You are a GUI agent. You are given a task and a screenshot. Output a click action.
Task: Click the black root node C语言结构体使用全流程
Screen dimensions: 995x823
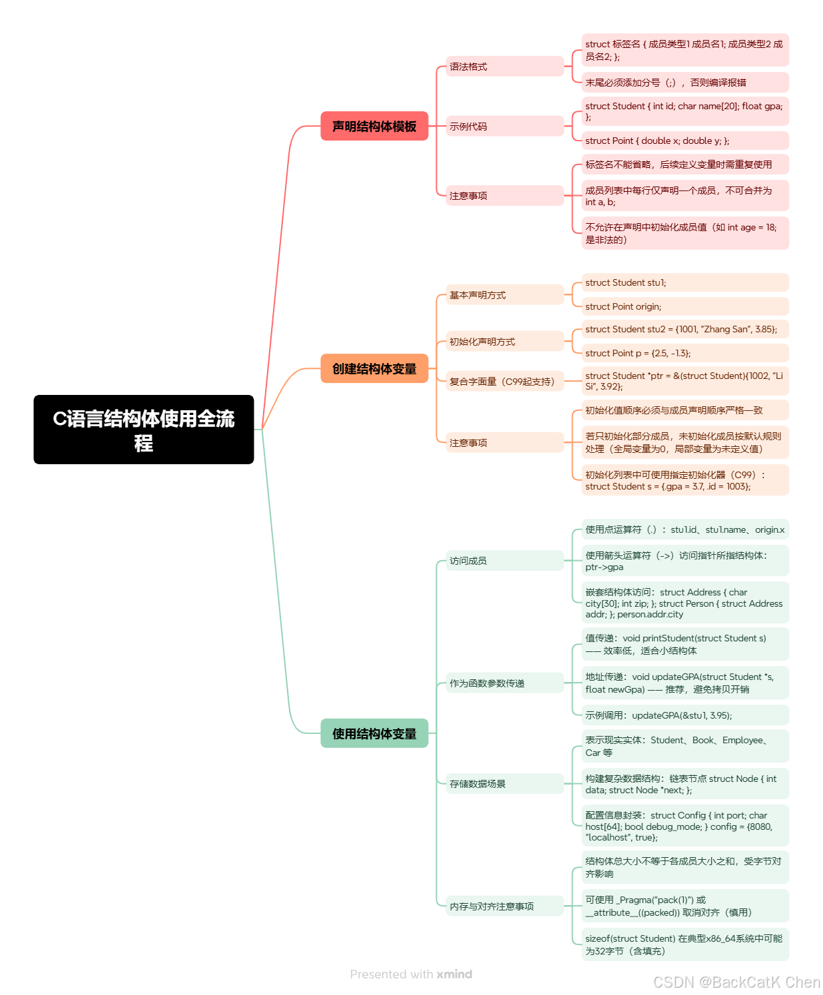144,430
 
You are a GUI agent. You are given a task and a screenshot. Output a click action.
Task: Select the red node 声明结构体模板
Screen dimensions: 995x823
374,126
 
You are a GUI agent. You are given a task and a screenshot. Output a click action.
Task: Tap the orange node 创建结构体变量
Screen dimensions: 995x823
374,368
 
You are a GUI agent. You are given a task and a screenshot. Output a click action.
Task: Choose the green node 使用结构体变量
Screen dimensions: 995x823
374,733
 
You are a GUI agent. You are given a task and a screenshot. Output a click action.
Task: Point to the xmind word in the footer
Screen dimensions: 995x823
454,974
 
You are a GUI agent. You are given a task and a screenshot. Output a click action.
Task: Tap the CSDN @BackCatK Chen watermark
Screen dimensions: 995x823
736,982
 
